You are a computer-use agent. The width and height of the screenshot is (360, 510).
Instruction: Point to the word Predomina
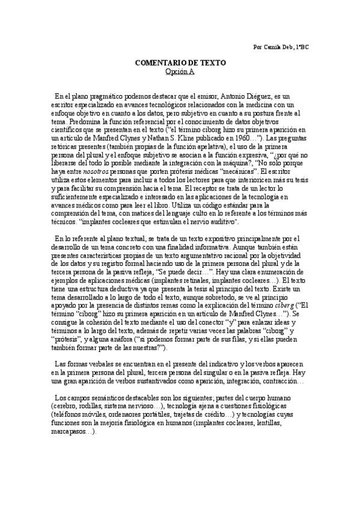(71, 121)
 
